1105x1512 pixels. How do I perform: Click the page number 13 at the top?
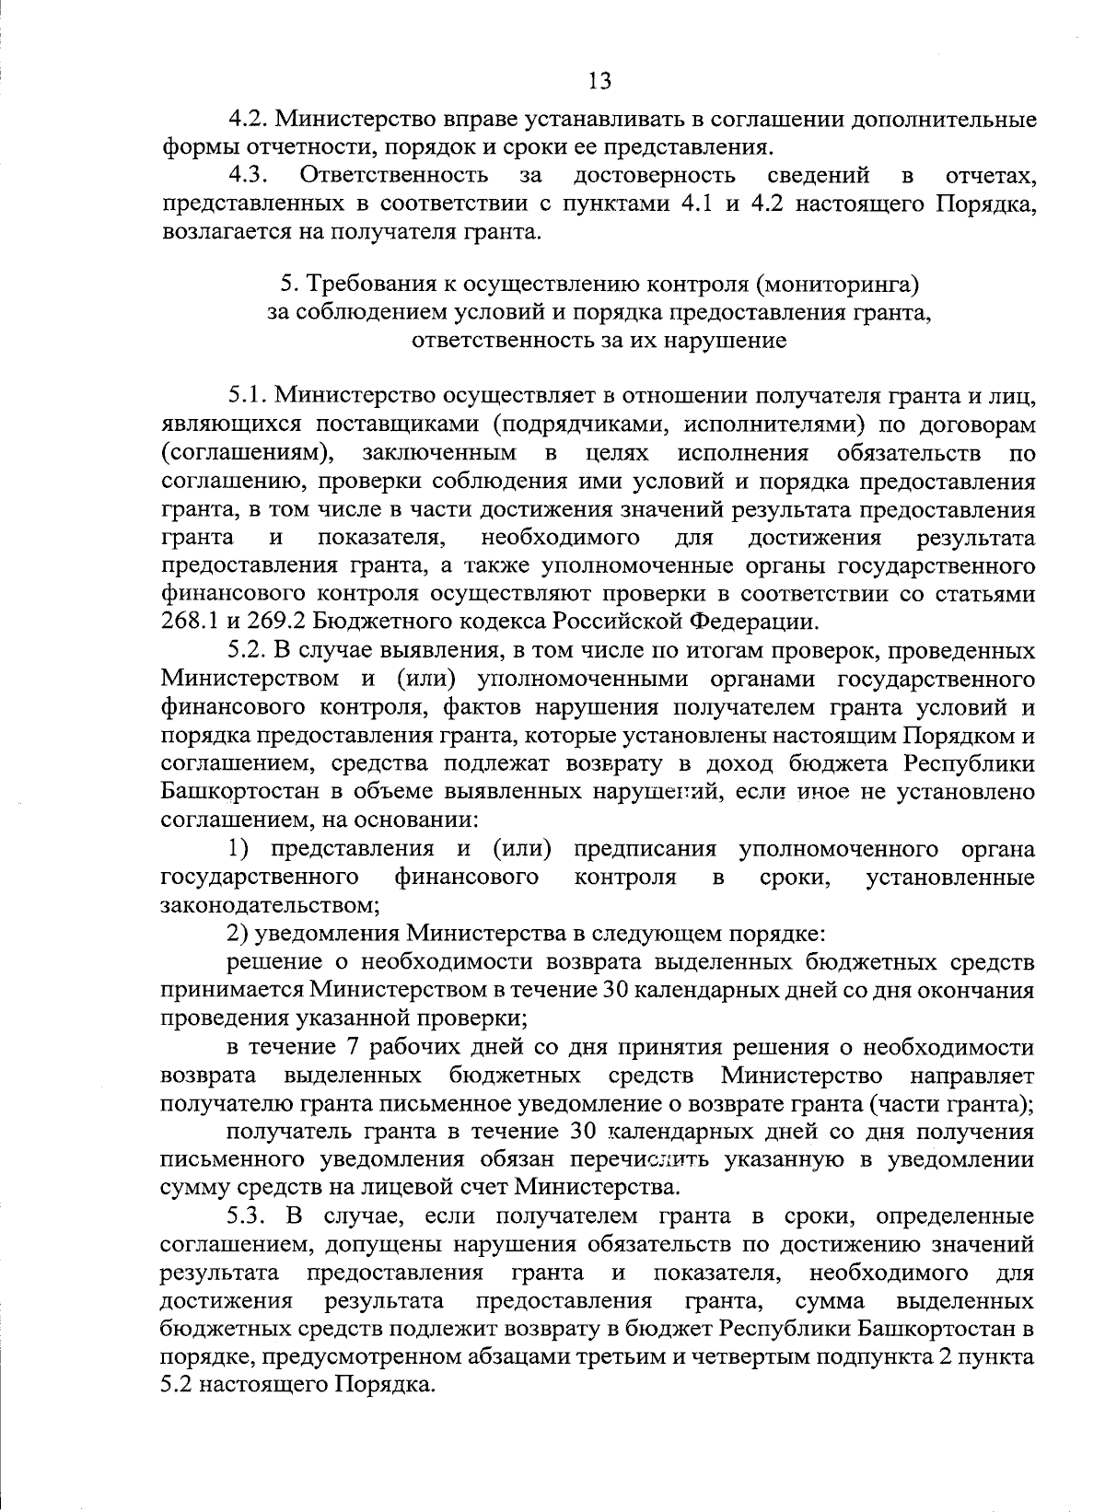pos(599,81)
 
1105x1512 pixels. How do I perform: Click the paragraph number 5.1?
pos(248,397)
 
